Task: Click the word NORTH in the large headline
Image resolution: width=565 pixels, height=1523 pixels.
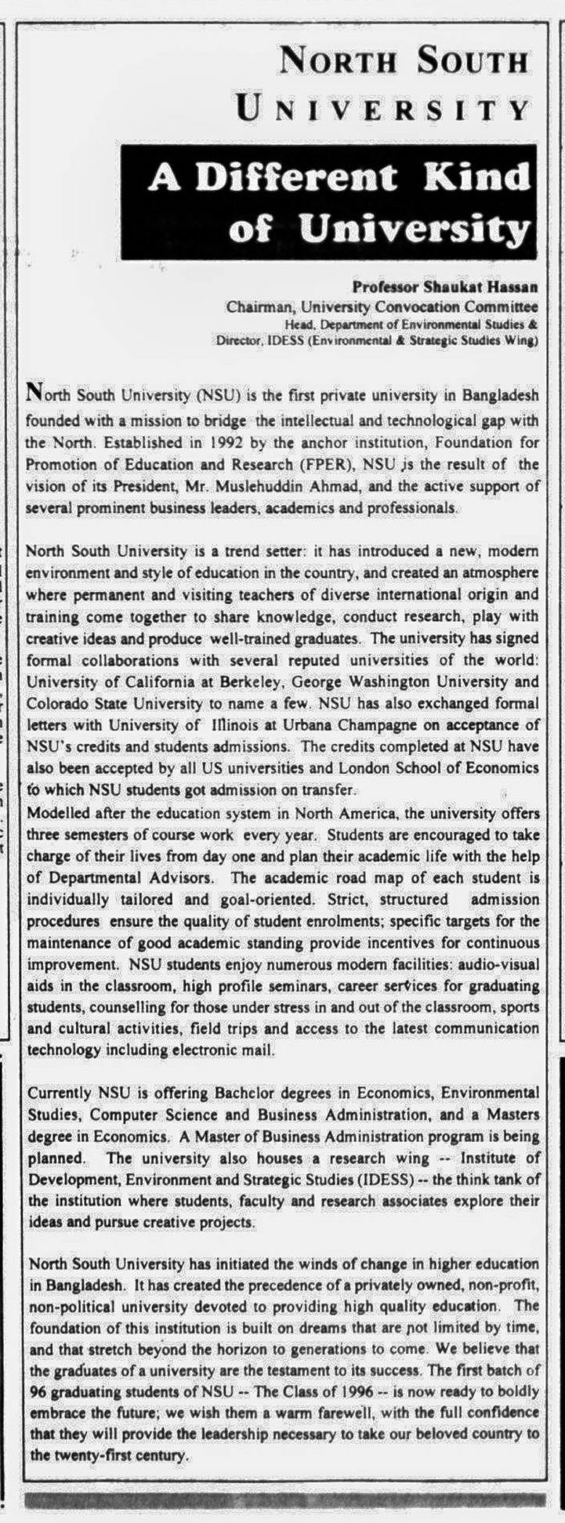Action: coord(337,61)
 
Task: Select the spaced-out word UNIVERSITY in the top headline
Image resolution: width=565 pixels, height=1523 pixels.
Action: coord(384,109)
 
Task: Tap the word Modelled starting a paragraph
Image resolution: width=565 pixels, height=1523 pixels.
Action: coord(57,808)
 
